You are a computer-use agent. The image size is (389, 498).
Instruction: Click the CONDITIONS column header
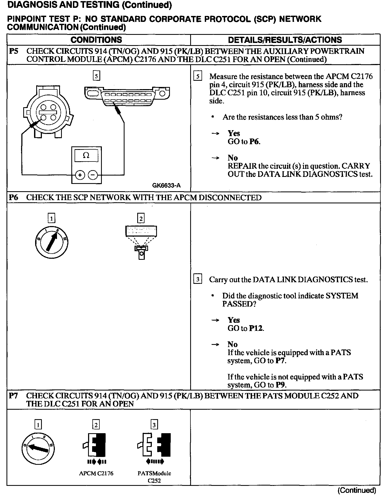pyautogui.click(x=96, y=40)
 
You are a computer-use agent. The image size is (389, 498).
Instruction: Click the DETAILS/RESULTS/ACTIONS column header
pyautogui.click(x=285, y=40)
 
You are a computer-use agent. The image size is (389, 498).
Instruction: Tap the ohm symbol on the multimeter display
pyautogui.click(x=86, y=156)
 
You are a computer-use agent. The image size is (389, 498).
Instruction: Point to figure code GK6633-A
pyautogui.click(x=166, y=186)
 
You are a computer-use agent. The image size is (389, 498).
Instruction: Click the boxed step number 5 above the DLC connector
pyautogui.click(x=96, y=76)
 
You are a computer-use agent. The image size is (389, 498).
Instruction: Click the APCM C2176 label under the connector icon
pyautogui.click(x=96, y=473)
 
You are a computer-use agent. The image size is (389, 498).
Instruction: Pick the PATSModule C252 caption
pyautogui.click(x=154, y=477)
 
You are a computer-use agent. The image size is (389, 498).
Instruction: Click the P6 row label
pyautogui.click(x=14, y=197)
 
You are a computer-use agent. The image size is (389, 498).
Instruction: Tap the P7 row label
pyautogui.click(x=14, y=396)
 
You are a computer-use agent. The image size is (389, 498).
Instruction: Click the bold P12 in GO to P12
pyautogui.click(x=256, y=328)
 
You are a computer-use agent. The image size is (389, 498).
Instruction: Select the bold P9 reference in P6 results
pyautogui.click(x=281, y=385)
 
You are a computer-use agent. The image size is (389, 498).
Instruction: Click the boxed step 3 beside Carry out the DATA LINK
pyautogui.click(x=198, y=279)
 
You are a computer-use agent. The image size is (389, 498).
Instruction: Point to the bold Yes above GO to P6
pyautogui.click(x=234, y=133)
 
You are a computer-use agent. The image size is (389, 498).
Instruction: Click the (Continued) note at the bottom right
pyautogui.click(x=357, y=490)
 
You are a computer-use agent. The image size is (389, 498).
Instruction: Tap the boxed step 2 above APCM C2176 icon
pyautogui.click(x=96, y=425)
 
